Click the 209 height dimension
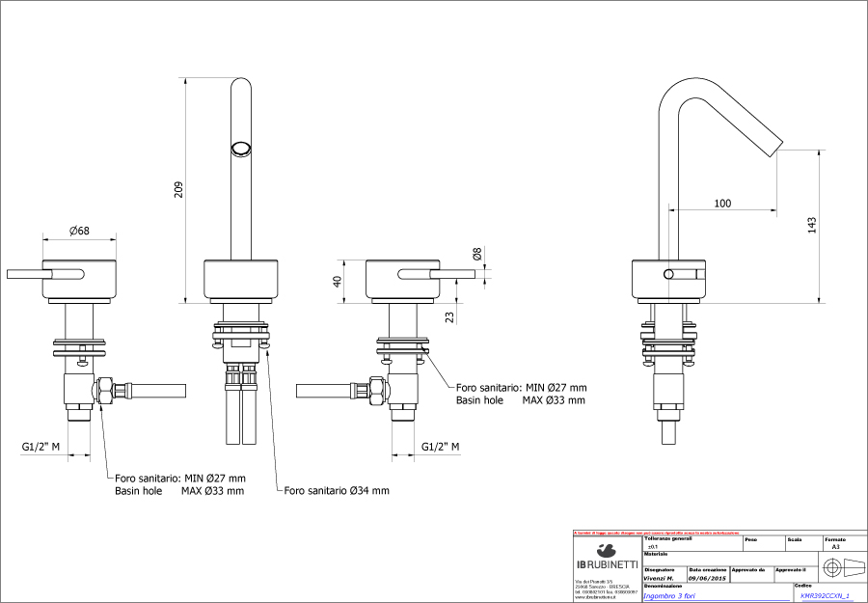click(x=178, y=191)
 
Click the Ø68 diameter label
click(x=80, y=231)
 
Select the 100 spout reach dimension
click(x=721, y=203)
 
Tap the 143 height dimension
click(x=812, y=225)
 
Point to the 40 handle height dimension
click(x=337, y=281)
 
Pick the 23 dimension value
click(x=450, y=316)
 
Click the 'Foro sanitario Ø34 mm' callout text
click(x=337, y=491)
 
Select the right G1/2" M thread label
click(x=440, y=447)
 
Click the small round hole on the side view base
click(x=668, y=275)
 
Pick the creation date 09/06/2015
click(x=707, y=578)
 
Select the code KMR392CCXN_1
click(x=825, y=596)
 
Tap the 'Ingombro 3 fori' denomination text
click(x=671, y=596)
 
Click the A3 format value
click(x=835, y=546)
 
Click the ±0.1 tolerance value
click(x=653, y=546)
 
